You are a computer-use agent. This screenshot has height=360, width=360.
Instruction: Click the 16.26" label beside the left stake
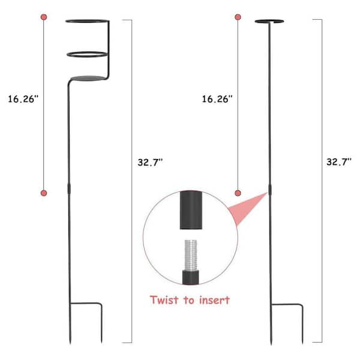pyautogui.click(x=23, y=99)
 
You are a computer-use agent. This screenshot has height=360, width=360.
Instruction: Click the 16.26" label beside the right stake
pyautogui.click(x=217, y=99)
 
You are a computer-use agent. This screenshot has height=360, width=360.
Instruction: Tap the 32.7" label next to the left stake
pyautogui.click(x=150, y=163)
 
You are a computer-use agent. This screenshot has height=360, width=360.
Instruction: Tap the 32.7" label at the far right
pyautogui.click(x=339, y=162)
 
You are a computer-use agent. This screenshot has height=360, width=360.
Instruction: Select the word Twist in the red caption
pyautogui.click(x=164, y=300)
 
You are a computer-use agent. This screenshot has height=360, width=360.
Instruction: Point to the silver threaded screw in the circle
pyautogui.click(x=191, y=255)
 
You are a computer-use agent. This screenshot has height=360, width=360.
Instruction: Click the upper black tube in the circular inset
pyautogui.click(x=191, y=210)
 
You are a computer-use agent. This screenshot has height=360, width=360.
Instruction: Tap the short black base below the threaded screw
pyautogui.click(x=191, y=277)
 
